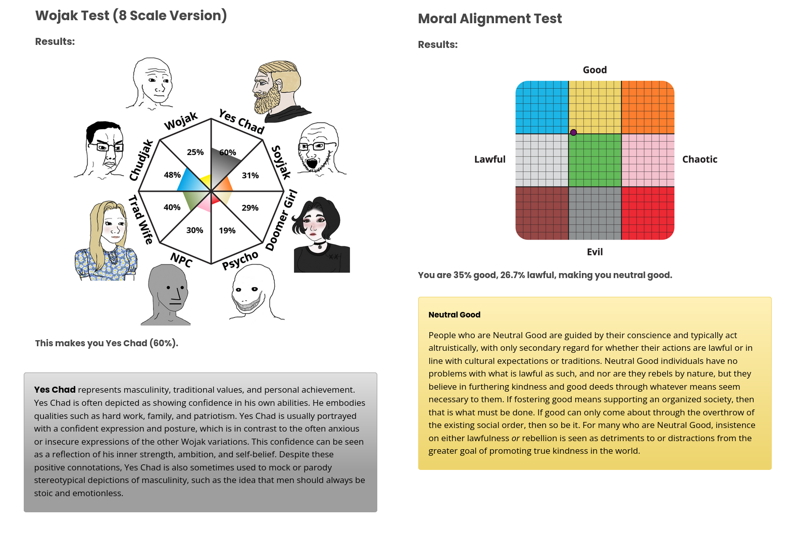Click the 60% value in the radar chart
tap(227, 152)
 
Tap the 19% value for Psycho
tap(227, 231)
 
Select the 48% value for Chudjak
tap(172, 175)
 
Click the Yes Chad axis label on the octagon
tap(241, 122)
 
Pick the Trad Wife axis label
tap(140, 220)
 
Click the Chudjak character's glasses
tap(105, 147)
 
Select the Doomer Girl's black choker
tap(319, 244)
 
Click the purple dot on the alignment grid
tap(573, 133)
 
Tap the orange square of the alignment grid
tap(648, 107)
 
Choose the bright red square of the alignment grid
tap(648, 213)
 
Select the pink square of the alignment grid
tap(648, 160)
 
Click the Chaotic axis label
tap(700, 159)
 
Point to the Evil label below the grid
tap(594, 252)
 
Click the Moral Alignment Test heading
tap(489, 19)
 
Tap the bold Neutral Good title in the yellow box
tap(454, 314)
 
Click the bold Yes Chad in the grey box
tap(55, 390)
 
